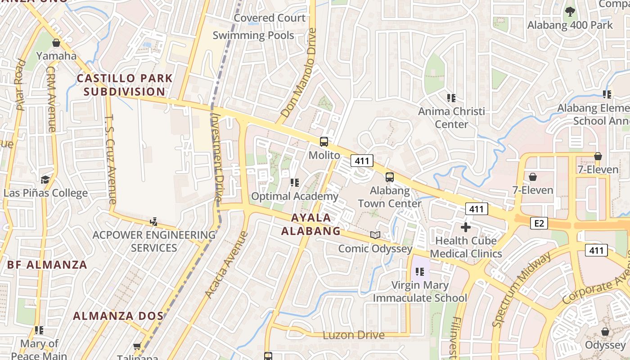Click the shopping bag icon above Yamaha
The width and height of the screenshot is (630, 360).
pos(56,43)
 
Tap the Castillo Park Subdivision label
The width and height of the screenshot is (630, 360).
pos(125,85)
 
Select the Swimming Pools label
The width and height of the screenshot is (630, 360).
pos(253,36)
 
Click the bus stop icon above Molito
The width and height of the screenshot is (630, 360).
pos(324,142)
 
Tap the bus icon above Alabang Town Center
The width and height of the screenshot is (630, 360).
pos(390,177)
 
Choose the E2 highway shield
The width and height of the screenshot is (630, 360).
pos(539,223)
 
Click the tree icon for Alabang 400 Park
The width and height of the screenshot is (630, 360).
pos(570,12)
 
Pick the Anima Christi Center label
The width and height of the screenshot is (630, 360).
pos(452,117)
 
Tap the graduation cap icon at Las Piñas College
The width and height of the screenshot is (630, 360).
pos(45,180)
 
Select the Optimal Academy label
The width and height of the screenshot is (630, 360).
pos(294,196)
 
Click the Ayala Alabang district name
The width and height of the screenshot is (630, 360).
pos(310,224)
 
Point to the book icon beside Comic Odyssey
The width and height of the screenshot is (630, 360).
pos(375,235)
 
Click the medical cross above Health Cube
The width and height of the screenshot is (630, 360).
pos(466,227)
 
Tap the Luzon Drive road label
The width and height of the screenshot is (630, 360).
pos(354,335)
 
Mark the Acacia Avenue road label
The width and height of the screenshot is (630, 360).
pos(226,265)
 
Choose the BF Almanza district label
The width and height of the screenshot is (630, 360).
pos(47,265)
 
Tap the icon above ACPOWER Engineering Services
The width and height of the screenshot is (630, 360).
pos(154,221)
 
